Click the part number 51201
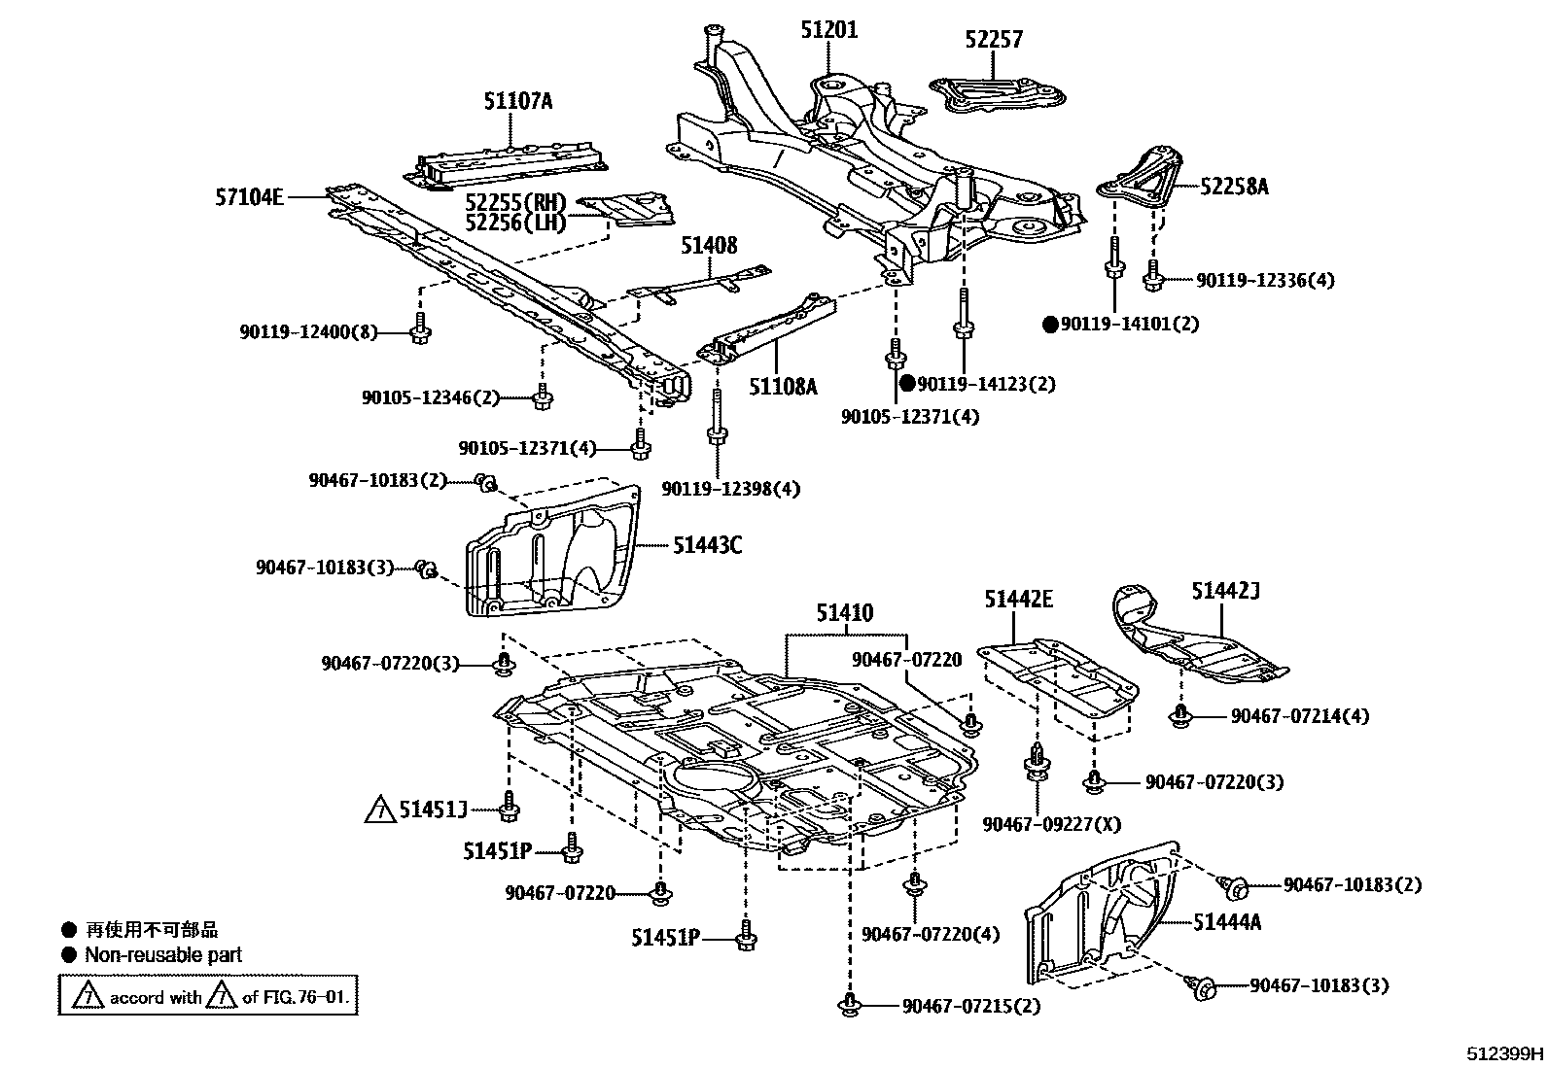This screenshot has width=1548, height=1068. click(x=829, y=30)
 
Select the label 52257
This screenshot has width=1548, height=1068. click(x=994, y=40)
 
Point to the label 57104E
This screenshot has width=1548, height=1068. click(x=250, y=198)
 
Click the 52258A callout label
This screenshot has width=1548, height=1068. click(x=1234, y=187)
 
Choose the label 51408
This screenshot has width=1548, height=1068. click(x=708, y=246)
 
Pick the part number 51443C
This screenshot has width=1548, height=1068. click(x=707, y=545)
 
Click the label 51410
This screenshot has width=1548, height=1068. click(x=844, y=613)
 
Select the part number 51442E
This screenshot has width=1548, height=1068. click(x=1018, y=600)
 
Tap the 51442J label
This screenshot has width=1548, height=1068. click(x=1226, y=591)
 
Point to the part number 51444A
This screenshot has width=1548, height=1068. click(x=1227, y=922)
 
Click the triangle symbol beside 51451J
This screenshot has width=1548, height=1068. click(x=380, y=810)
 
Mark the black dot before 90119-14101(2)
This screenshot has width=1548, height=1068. click(x=1050, y=325)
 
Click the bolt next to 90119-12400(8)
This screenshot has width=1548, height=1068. click(x=420, y=331)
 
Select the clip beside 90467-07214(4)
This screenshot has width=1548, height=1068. click(x=1180, y=716)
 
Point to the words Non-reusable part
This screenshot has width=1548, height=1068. click(x=162, y=955)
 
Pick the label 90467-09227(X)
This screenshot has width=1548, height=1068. click(x=1051, y=824)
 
